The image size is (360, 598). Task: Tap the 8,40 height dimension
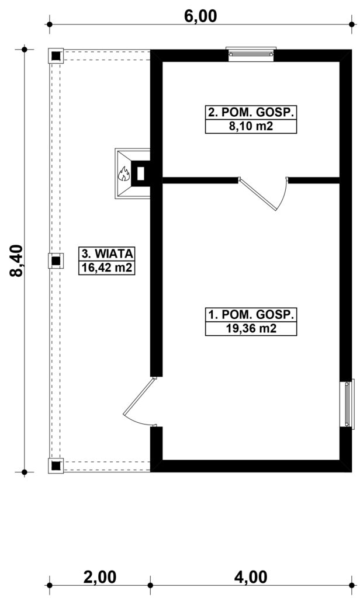click(17, 260)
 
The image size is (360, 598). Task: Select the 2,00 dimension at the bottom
click(99, 577)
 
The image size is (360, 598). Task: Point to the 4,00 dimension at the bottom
click(251, 577)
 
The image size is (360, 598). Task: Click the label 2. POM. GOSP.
click(251, 113)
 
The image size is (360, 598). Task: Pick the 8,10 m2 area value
click(251, 126)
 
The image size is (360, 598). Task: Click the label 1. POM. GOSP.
click(251, 315)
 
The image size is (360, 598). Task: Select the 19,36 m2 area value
click(251, 328)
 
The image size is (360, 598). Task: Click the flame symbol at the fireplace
click(124, 173)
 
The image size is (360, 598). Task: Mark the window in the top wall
click(251, 54)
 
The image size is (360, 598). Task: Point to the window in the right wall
click(347, 404)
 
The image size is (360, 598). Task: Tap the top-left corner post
click(56, 56)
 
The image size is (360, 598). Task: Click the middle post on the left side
click(56, 261)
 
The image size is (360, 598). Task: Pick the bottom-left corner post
click(56, 465)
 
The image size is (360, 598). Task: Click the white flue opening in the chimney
click(140, 173)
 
